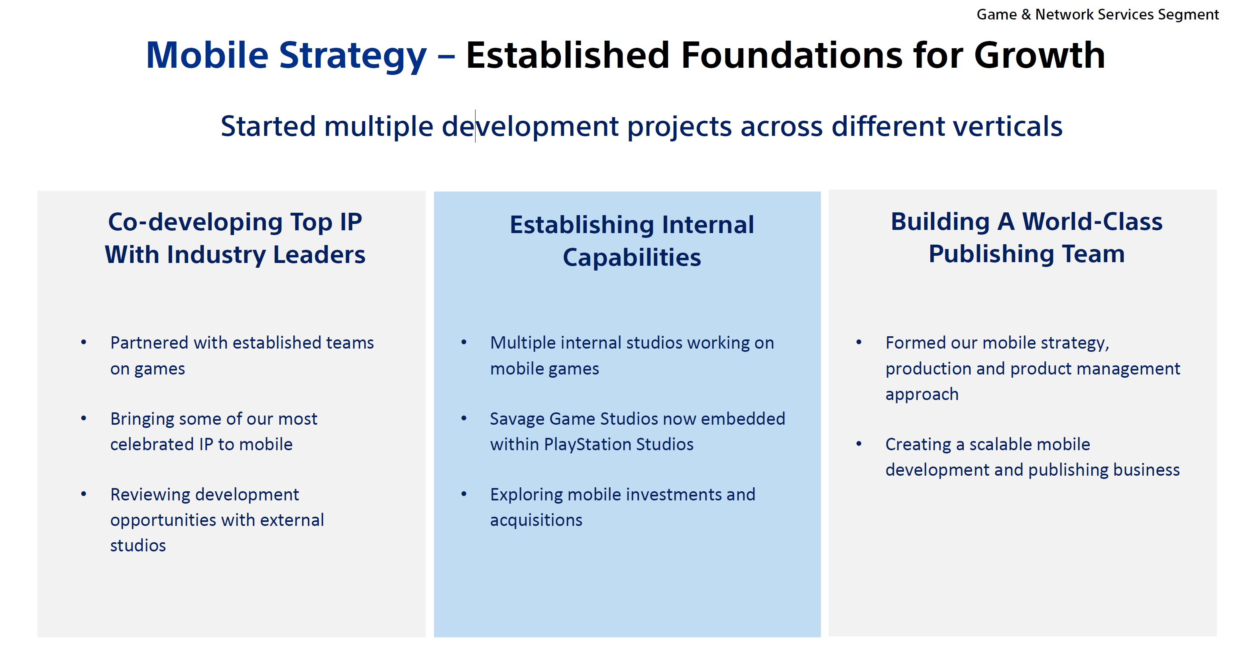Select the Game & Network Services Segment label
click(x=1098, y=14)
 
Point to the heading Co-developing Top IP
click(x=235, y=222)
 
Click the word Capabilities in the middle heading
click(x=632, y=257)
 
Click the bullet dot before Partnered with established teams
click(x=84, y=343)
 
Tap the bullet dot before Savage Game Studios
click(x=464, y=418)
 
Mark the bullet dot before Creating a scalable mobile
click(x=859, y=444)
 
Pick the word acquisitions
click(x=536, y=520)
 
